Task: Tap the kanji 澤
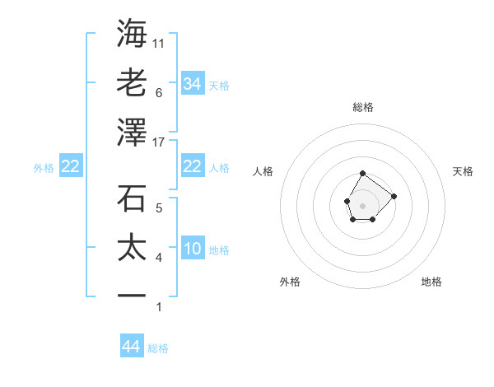click(x=133, y=132)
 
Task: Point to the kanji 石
click(x=133, y=198)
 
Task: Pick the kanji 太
click(x=133, y=248)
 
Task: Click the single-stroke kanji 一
click(x=133, y=296)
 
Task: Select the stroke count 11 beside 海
click(x=159, y=43)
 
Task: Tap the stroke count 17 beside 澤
click(x=159, y=142)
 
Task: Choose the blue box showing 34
click(x=192, y=84)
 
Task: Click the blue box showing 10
click(x=192, y=249)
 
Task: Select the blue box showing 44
click(x=131, y=347)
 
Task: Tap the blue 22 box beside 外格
click(x=70, y=166)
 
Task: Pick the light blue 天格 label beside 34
click(x=219, y=86)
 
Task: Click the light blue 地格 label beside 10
click(x=219, y=250)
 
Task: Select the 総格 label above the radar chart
click(x=363, y=107)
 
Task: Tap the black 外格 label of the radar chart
click(x=290, y=282)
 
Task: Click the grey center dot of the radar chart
click(x=362, y=204)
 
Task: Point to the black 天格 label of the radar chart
click(x=463, y=171)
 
